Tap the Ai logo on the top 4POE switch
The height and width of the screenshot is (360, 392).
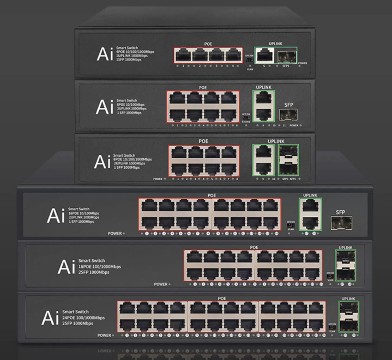[x=105, y=54]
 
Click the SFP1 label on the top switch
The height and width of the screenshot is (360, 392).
[x=286, y=66]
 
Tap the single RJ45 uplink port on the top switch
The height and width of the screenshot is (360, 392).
[x=265, y=55]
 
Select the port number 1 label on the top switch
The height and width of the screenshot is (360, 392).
[x=183, y=66]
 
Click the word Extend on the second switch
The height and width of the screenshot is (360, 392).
[x=246, y=121]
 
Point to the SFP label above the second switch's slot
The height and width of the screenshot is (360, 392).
[x=289, y=104]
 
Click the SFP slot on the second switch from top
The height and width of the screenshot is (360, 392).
[x=285, y=114]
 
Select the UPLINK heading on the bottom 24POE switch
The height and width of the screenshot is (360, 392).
[x=349, y=299]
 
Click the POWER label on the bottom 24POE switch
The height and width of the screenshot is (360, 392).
[x=105, y=335]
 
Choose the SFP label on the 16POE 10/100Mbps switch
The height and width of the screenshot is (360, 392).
[x=340, y=211]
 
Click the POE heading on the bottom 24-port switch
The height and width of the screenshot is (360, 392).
[x=221, y=298]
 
